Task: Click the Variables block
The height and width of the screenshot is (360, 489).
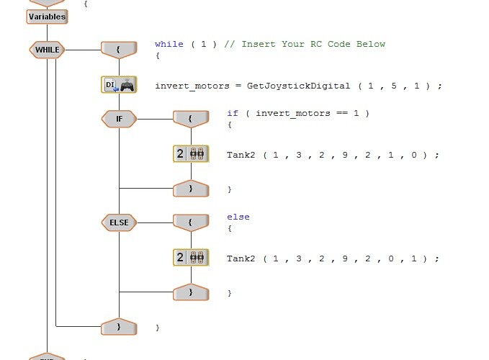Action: click(x=47, y=17)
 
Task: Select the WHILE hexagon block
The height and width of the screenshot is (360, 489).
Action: click(x=47, y=50)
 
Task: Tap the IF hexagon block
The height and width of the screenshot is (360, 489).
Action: click(x=119, y=119)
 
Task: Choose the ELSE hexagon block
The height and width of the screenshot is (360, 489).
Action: click(x=119, y=222)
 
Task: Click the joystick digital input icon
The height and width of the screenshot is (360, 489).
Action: click(x=119, y=85)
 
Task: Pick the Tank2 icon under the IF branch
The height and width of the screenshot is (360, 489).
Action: click(x=191, y=153)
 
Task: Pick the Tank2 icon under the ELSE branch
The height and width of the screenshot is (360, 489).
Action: click(x=191, y=257)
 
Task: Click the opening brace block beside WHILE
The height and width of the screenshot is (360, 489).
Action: click(x=119, y=50)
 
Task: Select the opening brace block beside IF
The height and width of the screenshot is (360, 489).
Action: click(x=191, y=119)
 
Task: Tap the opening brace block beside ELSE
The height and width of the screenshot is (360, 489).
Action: click(x=191, y=222)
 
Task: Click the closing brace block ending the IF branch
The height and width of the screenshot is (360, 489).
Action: click(x=191, y=189)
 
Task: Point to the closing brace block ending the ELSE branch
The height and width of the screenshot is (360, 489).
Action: click(x=191, y=292)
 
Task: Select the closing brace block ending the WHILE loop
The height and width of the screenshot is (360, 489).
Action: click(x=119, y=327)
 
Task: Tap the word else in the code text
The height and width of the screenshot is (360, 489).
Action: click(x=238, y=217)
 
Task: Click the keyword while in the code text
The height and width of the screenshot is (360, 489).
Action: click(x=169, y=44)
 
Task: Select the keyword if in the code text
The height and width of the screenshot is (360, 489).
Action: click(x=233, y=113)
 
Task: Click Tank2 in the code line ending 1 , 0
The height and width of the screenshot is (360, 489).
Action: click(x=241, y=155)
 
